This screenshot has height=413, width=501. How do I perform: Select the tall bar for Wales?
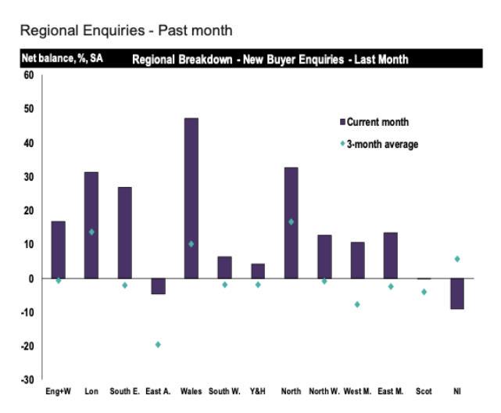coord(191,198)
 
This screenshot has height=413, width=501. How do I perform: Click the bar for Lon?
coord(91,225)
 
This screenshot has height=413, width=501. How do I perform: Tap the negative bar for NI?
coord(457,293)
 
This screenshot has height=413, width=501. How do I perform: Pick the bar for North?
coord(291,223)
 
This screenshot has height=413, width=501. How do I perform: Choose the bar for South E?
coord(125,232)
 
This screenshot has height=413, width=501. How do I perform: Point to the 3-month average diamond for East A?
coord(158,344)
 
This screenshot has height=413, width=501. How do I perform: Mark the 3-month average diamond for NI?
coord(457,259)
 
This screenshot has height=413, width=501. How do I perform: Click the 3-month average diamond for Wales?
coord(191,244)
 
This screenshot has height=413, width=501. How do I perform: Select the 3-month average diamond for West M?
coord(357,304)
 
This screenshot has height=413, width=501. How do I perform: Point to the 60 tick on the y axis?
coord(29,75)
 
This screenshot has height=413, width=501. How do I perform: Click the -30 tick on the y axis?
coord(28,379)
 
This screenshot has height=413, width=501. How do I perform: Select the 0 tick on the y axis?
coord(31,278)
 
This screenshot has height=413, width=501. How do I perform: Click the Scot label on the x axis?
coord(424,391)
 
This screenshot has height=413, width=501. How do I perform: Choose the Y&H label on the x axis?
coord(257,391)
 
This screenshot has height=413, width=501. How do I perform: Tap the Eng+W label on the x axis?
coord(58,391)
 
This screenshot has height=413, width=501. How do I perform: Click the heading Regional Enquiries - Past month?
coord(126,31)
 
